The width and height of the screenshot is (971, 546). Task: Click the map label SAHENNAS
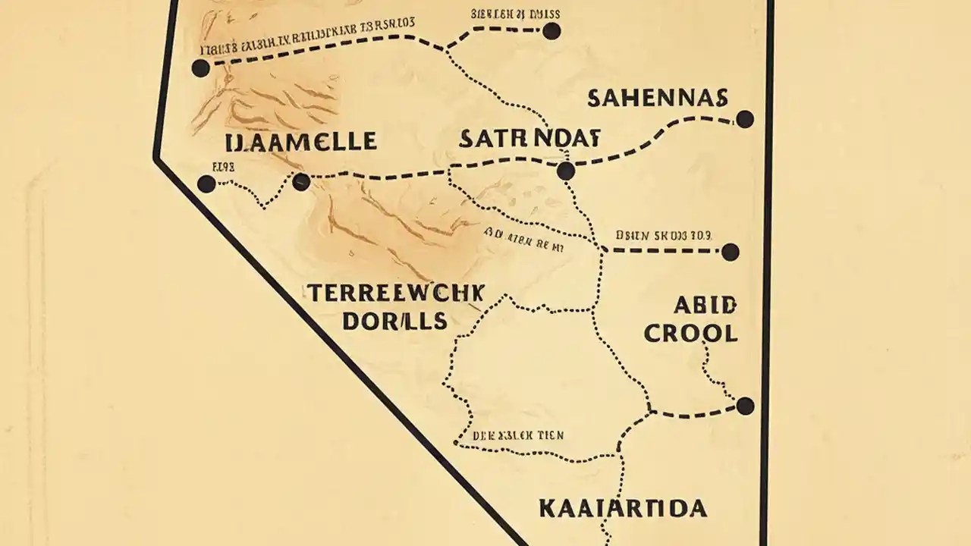(658, 98)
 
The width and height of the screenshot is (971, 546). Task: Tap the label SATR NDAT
(529, 139)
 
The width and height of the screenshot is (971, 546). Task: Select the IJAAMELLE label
(301, 141)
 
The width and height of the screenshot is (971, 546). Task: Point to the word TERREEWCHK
(395, 293)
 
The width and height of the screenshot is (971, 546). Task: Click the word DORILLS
(394, 321)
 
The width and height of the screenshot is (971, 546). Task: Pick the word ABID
(705, 306)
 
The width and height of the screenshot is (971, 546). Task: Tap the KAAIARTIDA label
(623, 508)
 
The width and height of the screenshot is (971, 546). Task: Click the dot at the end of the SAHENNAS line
(745, 119)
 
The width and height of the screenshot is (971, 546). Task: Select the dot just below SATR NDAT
(565, 171)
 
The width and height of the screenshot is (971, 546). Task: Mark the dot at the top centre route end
(551, 31)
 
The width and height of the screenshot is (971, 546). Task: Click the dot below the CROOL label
(745, 406)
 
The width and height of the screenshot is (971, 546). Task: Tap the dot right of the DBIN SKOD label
(730, 253)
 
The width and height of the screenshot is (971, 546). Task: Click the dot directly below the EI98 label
(206, 184)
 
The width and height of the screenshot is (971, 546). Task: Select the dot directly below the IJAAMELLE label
(301, 182)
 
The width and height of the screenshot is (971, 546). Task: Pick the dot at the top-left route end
(200, 68)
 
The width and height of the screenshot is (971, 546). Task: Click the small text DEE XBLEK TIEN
(518, 436)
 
